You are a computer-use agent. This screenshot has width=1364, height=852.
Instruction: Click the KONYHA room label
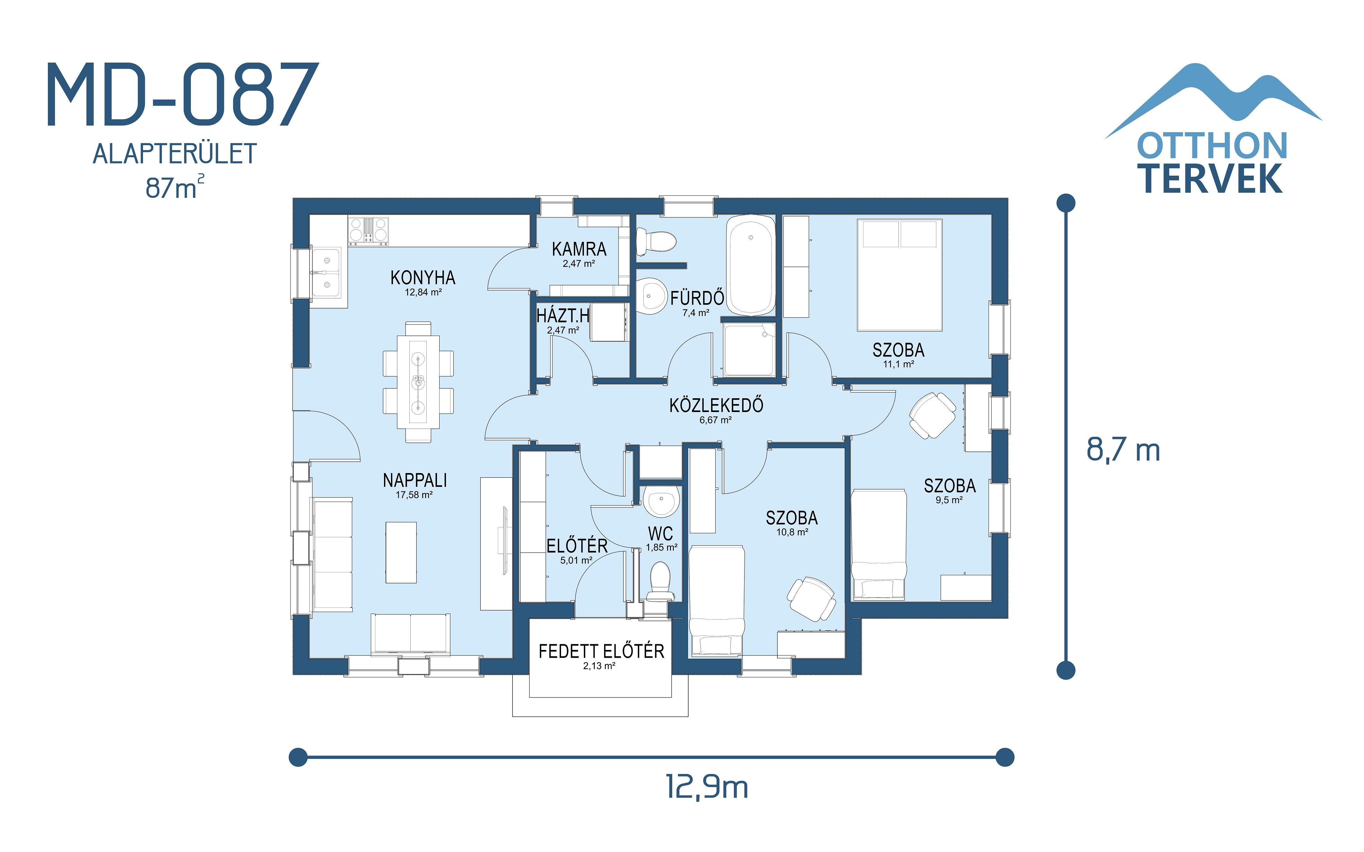[x=423, y=278]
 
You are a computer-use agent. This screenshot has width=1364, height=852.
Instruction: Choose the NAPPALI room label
[x=415, y=481]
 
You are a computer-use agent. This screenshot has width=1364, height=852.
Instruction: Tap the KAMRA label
[x=579, y=249]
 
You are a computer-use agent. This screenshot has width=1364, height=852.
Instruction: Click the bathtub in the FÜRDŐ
[x=750, y=265]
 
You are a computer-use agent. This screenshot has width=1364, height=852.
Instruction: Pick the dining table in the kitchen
[x=418, y=382]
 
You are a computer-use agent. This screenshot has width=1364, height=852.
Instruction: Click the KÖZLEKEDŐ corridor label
[x=716, y=405]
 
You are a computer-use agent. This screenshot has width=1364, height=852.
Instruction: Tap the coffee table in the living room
[x=401, y=552]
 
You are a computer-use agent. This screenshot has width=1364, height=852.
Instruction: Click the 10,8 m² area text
[x=792, y=532]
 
